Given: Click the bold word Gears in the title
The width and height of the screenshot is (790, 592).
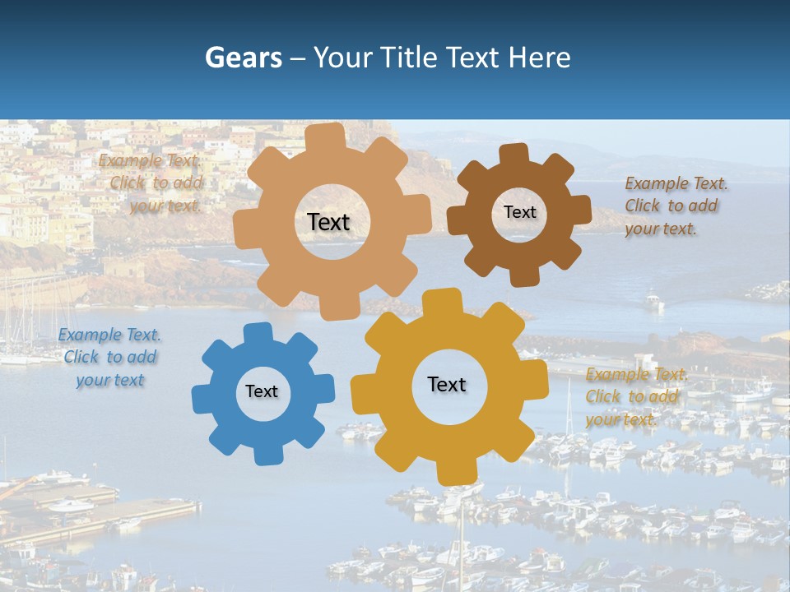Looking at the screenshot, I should pos(242,58).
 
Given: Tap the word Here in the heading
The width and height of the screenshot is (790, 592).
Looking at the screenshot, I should pos(539,58).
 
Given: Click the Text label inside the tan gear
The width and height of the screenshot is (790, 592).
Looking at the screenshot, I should pos(328,222).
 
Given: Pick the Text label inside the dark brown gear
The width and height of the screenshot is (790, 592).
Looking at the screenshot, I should pos(519,212).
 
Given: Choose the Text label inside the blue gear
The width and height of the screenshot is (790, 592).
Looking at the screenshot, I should pos(262,391).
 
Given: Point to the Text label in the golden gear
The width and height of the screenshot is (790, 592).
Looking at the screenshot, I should pos(447,384).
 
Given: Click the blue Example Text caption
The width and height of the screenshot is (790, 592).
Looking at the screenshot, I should pos(109,358).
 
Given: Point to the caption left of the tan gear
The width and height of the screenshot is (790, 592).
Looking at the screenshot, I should pos(151,183).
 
